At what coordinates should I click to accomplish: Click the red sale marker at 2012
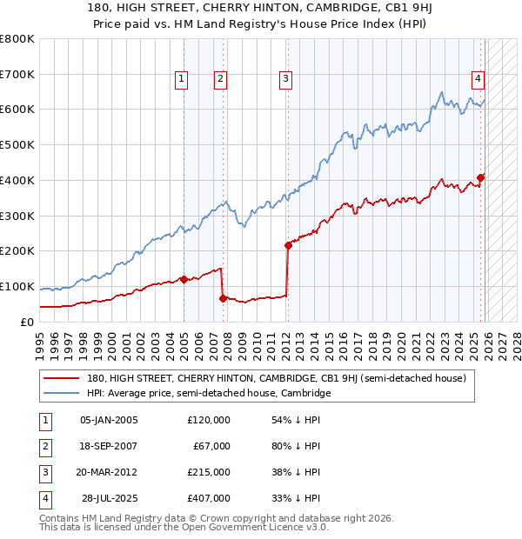(x=288, y=245)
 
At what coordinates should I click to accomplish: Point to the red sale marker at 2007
(x=224, y=298)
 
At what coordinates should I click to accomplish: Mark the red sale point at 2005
(x=184, y=279)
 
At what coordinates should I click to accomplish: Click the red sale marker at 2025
(x=481, y=177)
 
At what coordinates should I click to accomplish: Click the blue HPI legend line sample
(x=62, y=393)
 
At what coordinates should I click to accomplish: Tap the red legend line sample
(x=62, y=378)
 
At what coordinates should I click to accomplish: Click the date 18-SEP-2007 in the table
(x=109, y=446)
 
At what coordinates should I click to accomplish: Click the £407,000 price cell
(x=209, y=498)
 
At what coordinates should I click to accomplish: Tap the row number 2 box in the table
(x=43, y=446)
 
